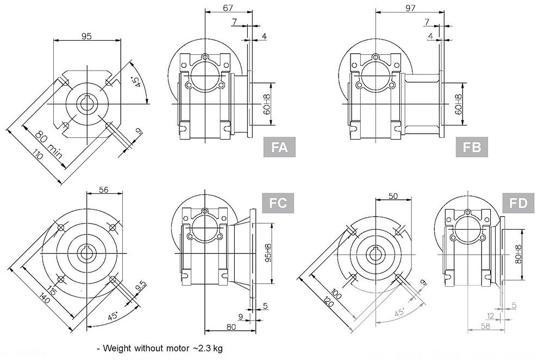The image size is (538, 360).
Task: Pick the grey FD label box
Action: click(518, 203)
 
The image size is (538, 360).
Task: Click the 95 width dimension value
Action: click(86, 36)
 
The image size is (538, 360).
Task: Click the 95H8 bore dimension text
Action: click(267, 252)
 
